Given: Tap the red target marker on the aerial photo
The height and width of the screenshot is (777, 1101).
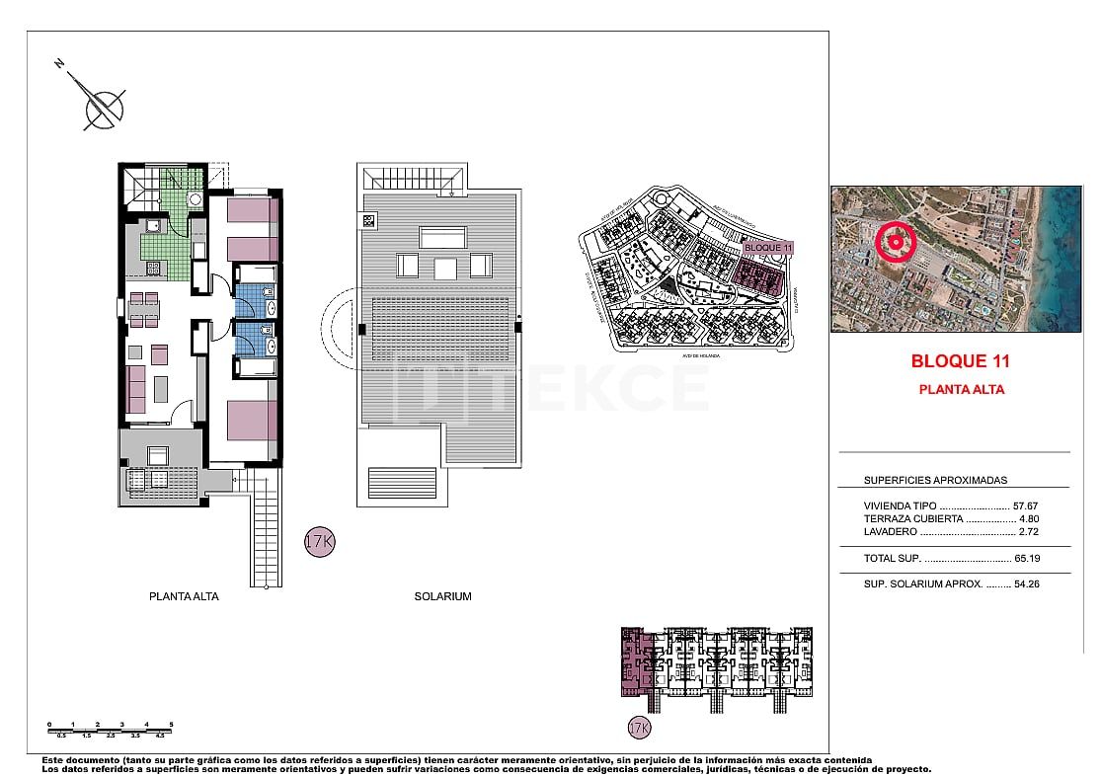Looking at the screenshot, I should (x=896, y=241).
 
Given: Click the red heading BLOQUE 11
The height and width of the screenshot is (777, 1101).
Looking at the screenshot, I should (x=960, y=361).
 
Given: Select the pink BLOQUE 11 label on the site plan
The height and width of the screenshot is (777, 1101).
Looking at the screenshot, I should (x=768, y=247).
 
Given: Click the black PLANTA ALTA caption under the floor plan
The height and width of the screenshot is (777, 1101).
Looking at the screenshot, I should (x=184, y=596).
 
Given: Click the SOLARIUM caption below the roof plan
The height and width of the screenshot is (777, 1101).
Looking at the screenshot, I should (x=442, y=596).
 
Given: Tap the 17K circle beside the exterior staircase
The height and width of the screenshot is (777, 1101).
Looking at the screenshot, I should (x=318, y=542).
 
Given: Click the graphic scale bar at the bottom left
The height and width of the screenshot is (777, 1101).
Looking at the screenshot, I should (x=110, y=729).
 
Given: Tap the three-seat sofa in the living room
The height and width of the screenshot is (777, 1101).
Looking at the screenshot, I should (x=135, y=389).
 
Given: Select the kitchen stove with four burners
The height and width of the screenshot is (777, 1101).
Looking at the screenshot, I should (x=154, y=267).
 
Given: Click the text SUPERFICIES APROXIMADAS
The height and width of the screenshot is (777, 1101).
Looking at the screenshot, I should (x=935, y=480).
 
